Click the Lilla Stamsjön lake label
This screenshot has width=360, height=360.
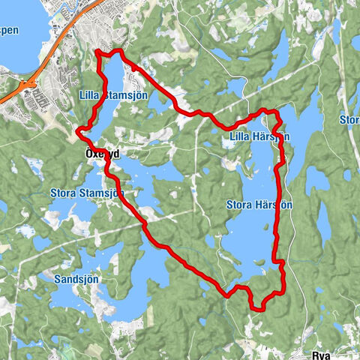115,94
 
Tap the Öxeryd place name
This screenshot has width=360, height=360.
97,153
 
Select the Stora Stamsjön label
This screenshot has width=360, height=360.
87,193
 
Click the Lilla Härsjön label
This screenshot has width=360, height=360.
255,136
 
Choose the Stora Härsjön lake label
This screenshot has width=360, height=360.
259,204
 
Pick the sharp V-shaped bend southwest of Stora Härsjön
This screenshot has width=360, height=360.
226,295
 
